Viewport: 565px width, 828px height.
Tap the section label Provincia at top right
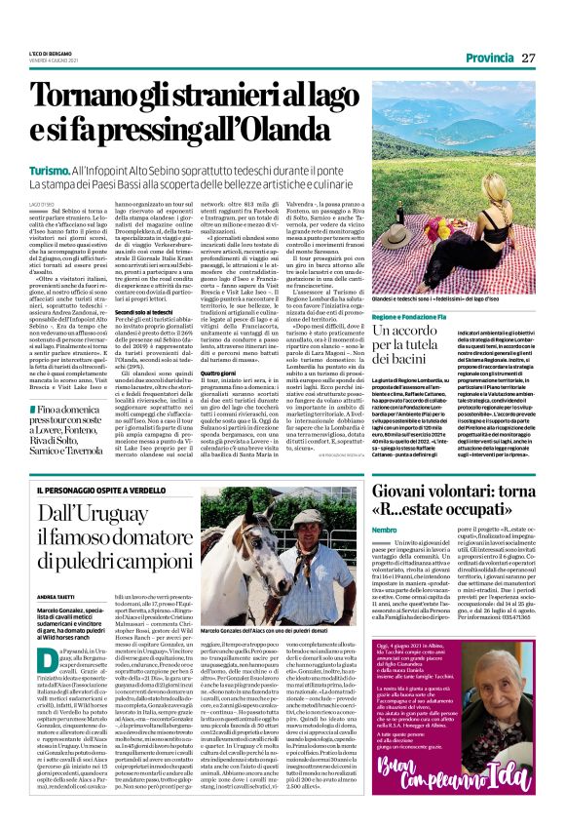click(x=491, y=58)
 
